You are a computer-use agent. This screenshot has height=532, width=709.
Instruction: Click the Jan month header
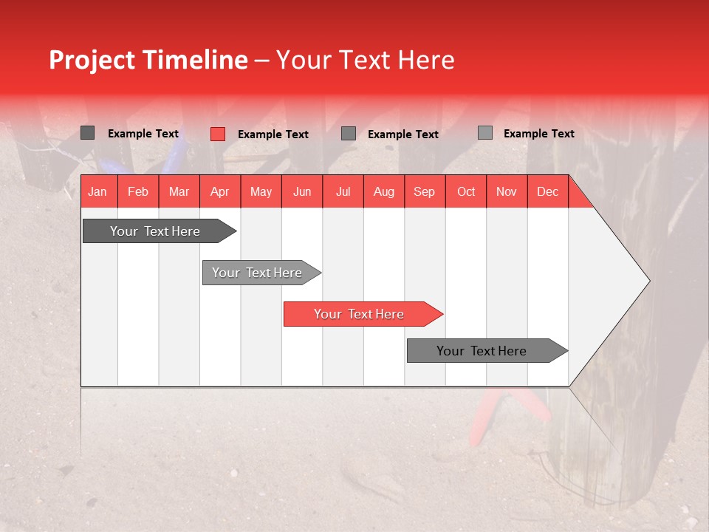pyautogui.click(x=97, y=191)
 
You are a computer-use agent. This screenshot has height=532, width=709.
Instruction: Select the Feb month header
pyautogui.click(x=138, y=191)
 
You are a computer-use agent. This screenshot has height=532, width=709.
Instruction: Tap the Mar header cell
pyautogui.click(x=179, y=191)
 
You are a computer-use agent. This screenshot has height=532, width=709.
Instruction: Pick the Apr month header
pyautogui.click(x=220, y=191)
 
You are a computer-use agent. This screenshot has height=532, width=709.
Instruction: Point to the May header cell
pyautogui.click(x=261, y=191)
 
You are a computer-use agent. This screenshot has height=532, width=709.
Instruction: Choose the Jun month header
pyautogui.click(x=302, y=191)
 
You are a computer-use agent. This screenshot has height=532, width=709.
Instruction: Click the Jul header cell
pyautogui.click(x=343, y=191)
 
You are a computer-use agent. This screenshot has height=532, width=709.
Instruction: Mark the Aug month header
pyautogui.click(x=384, y=191)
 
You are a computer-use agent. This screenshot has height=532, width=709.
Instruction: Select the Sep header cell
pyautogui.click(x=425, y=191)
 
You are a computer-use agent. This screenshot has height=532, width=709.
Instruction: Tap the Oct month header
pyautogui.click(x=466, y=191)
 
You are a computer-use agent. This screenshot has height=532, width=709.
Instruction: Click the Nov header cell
pyautogui.click(x=507, y=191)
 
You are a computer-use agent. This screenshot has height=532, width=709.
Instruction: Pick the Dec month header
pyautogui.click(x=547, y=191)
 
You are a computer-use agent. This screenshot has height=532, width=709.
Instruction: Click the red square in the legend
pyautogui.click(x=218, y=134)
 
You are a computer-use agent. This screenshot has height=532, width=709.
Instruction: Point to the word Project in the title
pyautogui.click(x=92, y=60)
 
